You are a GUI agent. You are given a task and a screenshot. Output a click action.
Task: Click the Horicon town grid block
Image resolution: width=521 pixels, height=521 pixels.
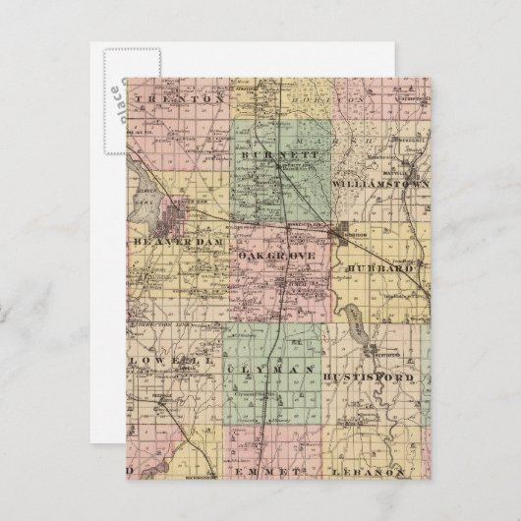(x=351, y=235)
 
